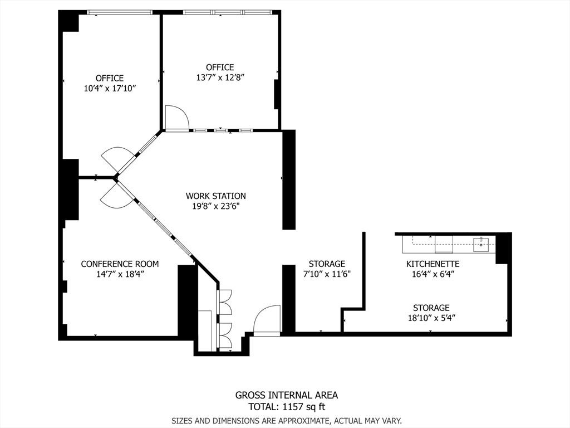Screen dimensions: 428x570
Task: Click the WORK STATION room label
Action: tap(215, 196)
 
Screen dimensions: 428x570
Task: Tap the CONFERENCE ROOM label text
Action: tap(120, 264)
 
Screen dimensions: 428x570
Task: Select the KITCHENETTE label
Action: tap(433, 264)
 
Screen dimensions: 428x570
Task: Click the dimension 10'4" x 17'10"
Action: tap(109, 88)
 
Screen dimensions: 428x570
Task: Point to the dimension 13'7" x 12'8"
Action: tap(220, 77)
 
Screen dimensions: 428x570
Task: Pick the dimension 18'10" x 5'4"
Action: tap(431, 318)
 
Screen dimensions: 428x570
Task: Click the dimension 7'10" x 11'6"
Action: tap(327, 274)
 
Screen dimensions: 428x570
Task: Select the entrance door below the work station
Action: tap(267, 321)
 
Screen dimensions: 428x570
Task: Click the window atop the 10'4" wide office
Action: tap(120, 12)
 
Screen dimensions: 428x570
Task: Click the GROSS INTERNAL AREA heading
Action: tap(286, 395)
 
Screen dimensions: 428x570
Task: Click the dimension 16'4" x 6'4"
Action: tap(433, 274)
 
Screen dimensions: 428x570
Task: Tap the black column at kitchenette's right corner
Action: tap(503, 248)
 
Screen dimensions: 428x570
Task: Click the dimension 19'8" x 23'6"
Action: tap(215, 206)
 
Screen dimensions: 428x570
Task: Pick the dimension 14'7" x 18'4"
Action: tap(120, 274)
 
